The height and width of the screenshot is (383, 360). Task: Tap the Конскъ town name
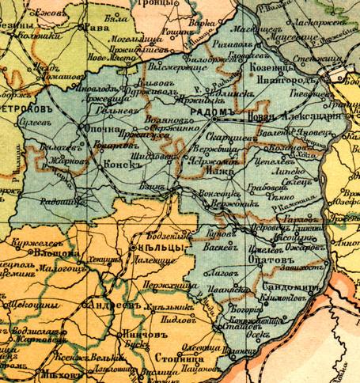(120, 164)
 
